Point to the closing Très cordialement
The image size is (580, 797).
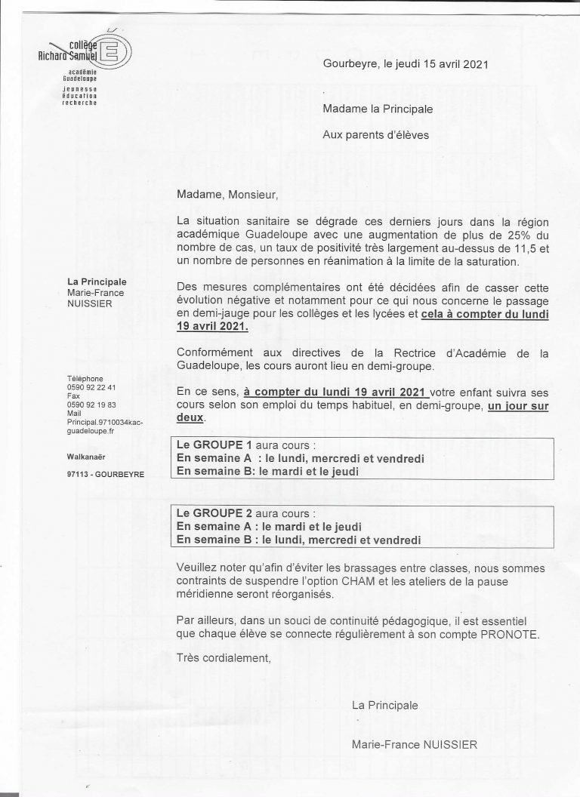point(222,658)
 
